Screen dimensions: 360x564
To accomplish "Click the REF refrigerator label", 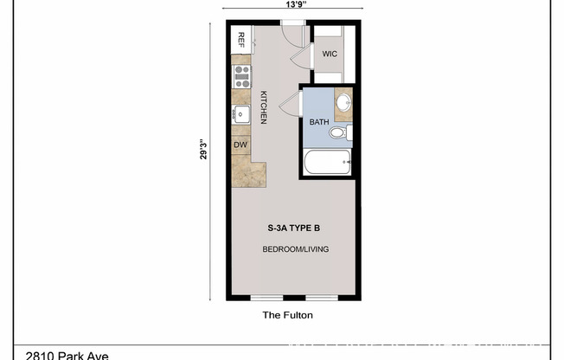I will coord(241,39).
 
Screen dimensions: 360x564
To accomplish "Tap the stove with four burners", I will coord(241,75).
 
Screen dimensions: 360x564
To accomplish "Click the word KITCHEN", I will coord(263,108).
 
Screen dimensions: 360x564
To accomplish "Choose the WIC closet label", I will coord(329,54).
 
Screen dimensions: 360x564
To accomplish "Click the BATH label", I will coord(317,122).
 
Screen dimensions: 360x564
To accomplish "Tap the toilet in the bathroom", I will coord(347,132).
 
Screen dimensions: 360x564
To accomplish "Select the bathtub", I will coord(327,162).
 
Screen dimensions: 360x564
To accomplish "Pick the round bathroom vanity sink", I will coord(343,103).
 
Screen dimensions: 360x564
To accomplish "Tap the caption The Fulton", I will coord(287,316).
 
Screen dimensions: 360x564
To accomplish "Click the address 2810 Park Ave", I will coord(68,355).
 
